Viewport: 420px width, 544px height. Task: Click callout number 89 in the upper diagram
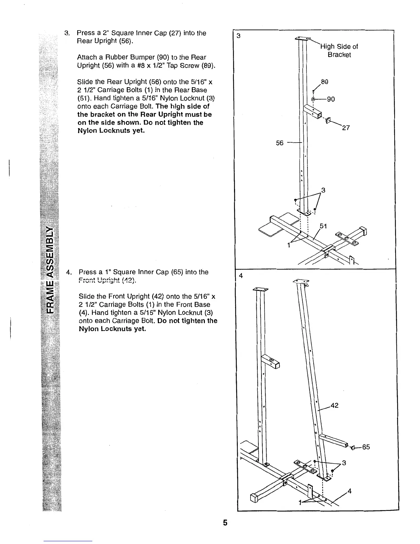[x=324, y=82]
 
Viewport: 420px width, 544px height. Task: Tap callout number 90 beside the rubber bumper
[x=330, y=100]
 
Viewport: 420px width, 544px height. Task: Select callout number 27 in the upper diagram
[x=346, y=128]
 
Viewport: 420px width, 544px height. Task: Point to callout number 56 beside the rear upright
[x=280, y=143]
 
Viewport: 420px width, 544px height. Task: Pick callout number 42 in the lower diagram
[x=334, y=405]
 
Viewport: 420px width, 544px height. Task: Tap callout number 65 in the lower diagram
[x=366, y=447]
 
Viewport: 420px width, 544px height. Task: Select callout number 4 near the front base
[x=350, y=491]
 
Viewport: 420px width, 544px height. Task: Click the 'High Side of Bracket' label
[x=339, y=51]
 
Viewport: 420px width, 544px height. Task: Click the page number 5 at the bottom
[x=225, y=523]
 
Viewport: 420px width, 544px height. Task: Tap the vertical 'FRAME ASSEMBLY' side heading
[x=50, y=270]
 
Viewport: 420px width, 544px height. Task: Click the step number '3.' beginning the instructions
[x=67, y=33]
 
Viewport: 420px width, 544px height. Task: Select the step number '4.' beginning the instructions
[x=69, y=272]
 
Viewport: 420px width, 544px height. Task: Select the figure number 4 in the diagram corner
[x=240, y=276]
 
